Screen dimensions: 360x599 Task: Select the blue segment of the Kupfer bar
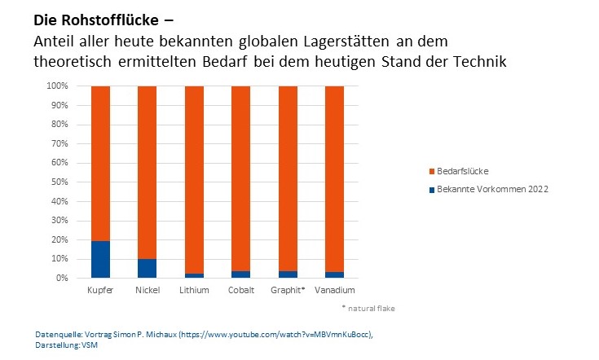point(100,259)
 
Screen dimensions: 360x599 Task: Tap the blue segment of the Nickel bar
point(147,268)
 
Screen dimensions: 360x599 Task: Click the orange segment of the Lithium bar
point(194,179)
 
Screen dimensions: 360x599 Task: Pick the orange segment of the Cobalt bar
point(240,179)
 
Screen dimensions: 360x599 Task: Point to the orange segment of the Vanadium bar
point(334,179)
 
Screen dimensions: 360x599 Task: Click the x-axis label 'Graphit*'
point(287,290)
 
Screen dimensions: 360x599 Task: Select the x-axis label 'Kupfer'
point(100,290)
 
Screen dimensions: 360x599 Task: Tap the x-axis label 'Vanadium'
point(334,290)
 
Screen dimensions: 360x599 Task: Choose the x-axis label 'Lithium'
point(194,290)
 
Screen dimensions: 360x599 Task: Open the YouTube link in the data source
point(282,335)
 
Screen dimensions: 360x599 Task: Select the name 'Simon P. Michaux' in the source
point(125,335)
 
